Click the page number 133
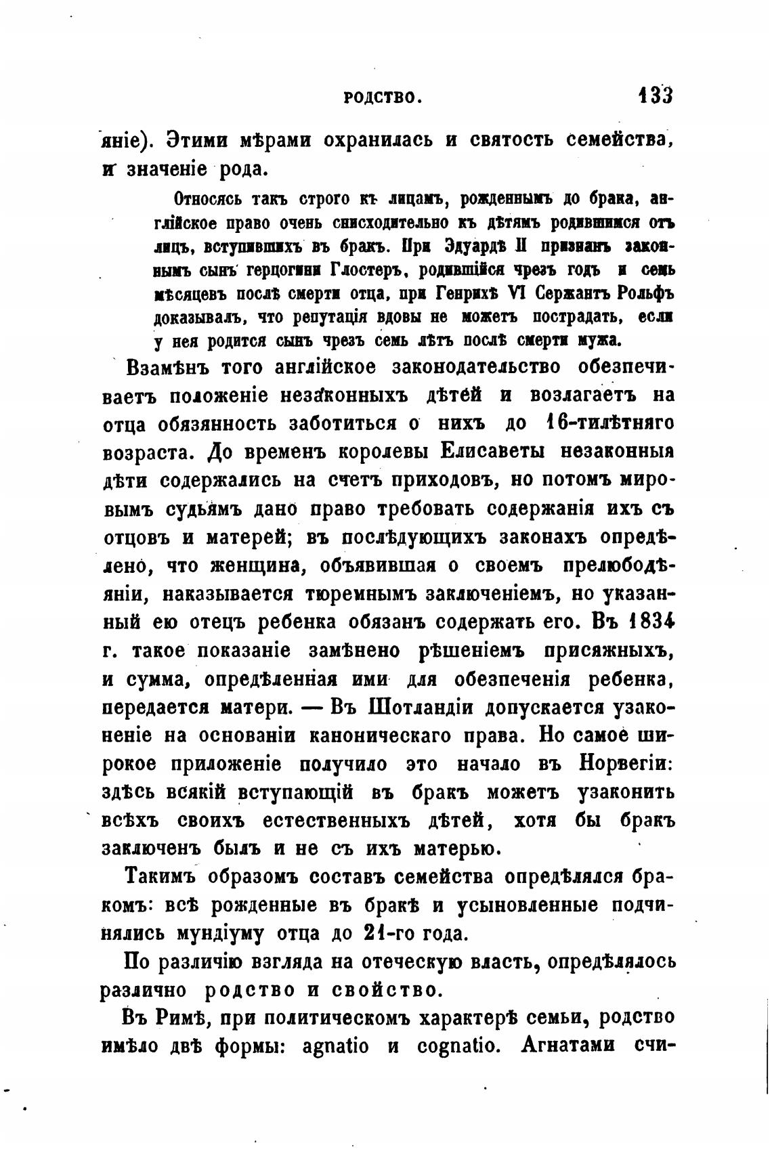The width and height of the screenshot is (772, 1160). tap(654, 95)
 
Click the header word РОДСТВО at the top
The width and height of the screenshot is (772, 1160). tap(383, 98)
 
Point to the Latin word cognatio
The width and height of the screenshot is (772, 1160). tap(460, 1046)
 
